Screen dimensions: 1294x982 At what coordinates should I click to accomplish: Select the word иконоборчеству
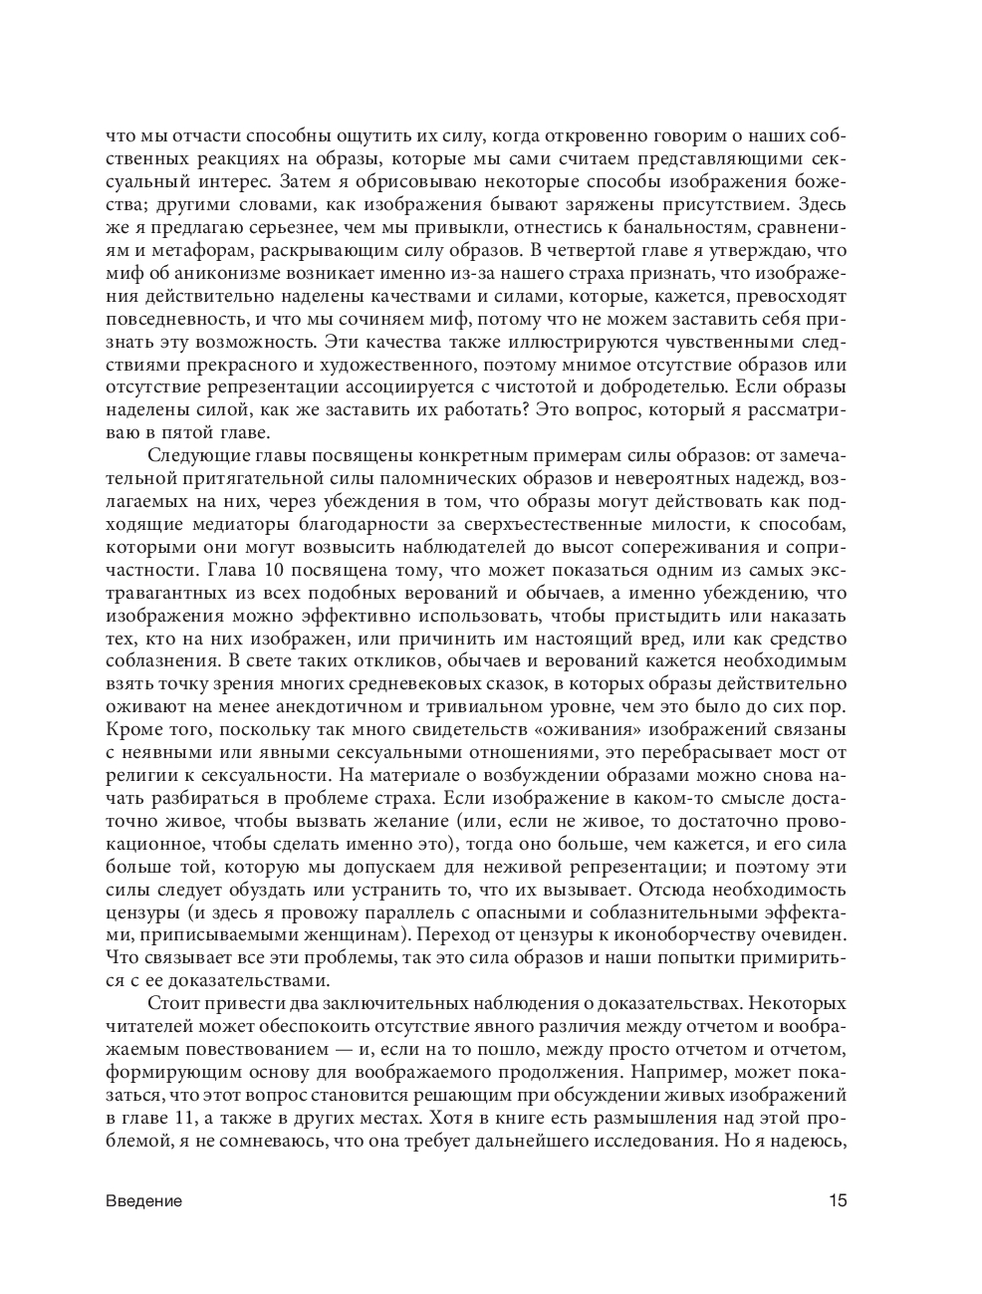(x=704, y=935)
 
